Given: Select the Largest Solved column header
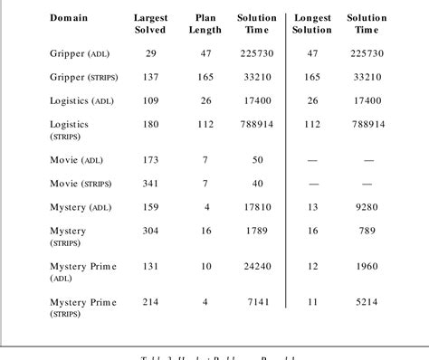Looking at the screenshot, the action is point(150,24).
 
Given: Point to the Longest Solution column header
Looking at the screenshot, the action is point(312,24).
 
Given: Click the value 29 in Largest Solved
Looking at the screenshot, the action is point(150,54).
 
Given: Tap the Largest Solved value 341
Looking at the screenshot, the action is point(150,184).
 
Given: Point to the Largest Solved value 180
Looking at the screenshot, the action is point(150,125).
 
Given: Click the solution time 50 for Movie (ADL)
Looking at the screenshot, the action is point(257,159).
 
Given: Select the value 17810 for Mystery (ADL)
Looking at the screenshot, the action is point(257,207).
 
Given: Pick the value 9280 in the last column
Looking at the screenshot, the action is point(367,207).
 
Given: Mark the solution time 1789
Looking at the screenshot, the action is point(257,232).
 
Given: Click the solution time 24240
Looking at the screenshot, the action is point(257,267).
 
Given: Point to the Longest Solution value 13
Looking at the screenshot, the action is point(312,207).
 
